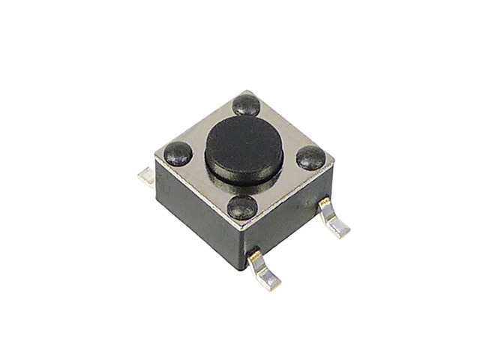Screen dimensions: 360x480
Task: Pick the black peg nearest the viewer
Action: pos(242,207)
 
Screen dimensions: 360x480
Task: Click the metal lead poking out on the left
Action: pos(147,177)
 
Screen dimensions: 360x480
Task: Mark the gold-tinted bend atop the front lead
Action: pos(255,257)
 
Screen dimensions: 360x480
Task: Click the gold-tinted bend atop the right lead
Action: pos(324,203)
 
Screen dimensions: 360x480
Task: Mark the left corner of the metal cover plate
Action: pos(156,157)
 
